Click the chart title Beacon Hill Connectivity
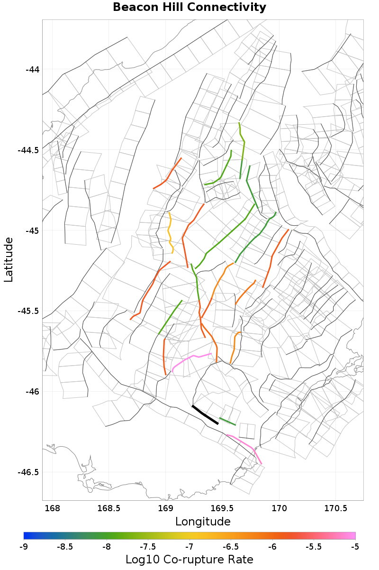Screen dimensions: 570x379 pyautogui.click(x=189, y=8)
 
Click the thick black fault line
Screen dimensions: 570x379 pyautogui.click(x=205, y=414)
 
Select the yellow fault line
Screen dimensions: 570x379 pyautogui.click(x=170, y=232)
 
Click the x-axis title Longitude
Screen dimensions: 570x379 pyautogui.click(x=203, y=522)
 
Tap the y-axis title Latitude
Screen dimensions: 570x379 pyautogui.click(x=9, y=260)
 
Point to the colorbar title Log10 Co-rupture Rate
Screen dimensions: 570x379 pyautogui.click(x=189, y=559)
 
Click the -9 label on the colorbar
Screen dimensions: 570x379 pyautogui.click(x=24, y=547)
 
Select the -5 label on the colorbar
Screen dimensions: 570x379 pyautogui.click(x=355, y=547)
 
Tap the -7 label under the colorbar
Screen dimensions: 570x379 pyautogui.click(x=189, y=547)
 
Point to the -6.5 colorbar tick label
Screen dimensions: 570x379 pyautogui.click(x=231, y=547)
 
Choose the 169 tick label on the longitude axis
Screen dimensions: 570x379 pyautogui.click(x=165, y=509)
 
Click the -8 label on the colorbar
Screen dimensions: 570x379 pyautogui.click(x=107, y=547)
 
